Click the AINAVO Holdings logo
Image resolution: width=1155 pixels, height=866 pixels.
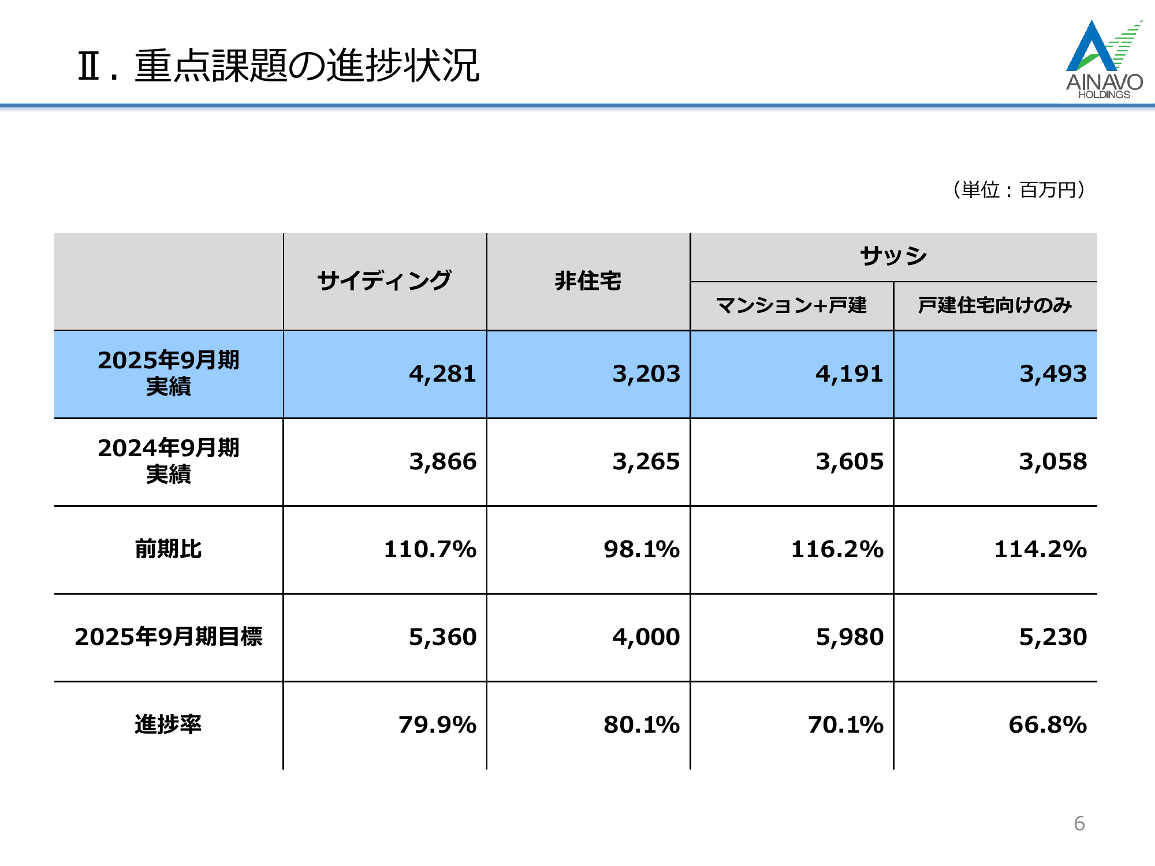coord(1104,60)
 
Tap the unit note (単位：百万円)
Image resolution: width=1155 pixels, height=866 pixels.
coord(1019,189)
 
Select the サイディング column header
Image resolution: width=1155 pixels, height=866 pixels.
coord(385,281)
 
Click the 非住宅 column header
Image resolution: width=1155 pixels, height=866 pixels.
coord(588,281)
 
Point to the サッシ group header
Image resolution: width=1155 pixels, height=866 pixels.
coord(893,256)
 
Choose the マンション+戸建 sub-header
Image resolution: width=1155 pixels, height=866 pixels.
coord(791,305)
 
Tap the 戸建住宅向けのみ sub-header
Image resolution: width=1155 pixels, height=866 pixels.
coord(994,305)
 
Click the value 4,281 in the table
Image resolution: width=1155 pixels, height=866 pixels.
coord(442,374)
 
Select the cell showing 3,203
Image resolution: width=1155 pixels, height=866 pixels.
coord(646,374)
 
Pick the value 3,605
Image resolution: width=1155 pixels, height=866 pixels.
coord(849,462)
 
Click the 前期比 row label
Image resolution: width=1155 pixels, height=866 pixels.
coord(168,549)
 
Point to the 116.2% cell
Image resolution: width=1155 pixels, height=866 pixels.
coord(837,549)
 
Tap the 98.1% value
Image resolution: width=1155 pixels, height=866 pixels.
coord(641,549)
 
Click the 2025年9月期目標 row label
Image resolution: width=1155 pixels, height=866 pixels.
coord(168,637)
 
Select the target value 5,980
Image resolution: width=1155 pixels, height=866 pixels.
coord(849,637)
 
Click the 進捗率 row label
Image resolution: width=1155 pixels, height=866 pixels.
coord(168,725)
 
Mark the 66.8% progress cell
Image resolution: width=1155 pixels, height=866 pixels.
coord(1047,725)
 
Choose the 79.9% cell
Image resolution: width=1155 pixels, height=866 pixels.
coord(437,725)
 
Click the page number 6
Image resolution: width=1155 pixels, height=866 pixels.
coord(1079,823)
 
